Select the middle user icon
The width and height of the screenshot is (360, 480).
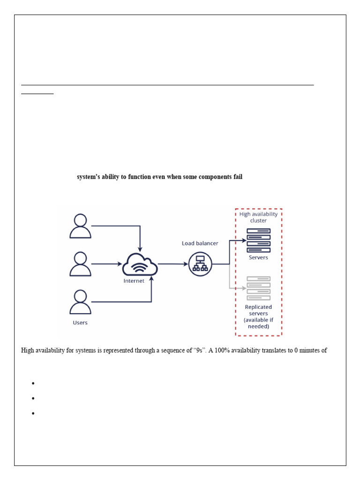click(x=80, y=263)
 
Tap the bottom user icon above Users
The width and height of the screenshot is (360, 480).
click(x=80, y=302)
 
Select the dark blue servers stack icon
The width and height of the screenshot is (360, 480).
click(x=258, y=240)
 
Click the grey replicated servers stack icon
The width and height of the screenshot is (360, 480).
click(x=258, y=288)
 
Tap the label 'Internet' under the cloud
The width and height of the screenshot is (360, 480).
click(x=134, y=281)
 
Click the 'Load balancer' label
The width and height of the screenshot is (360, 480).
click(x=200, y=243)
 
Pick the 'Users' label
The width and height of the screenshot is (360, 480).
click(x=80, y=322)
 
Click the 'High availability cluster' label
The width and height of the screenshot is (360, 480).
click(x=258, y=217)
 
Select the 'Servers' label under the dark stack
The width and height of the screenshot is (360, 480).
click(x=258, y=257)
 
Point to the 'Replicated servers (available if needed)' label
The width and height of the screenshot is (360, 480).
click(x=258, y=316)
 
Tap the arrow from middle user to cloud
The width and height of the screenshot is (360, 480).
click(x=106, y=264)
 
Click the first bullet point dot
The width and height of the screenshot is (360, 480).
click(x=34, y=383)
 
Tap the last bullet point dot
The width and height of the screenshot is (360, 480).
click(x=34, y=413)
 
